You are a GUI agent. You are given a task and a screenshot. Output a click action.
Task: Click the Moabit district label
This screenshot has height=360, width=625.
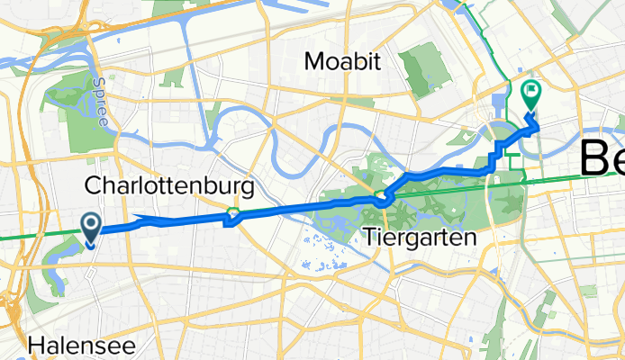point(343,61)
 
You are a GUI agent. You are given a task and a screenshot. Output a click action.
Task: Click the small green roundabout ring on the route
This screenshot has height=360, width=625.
point(233,213)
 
